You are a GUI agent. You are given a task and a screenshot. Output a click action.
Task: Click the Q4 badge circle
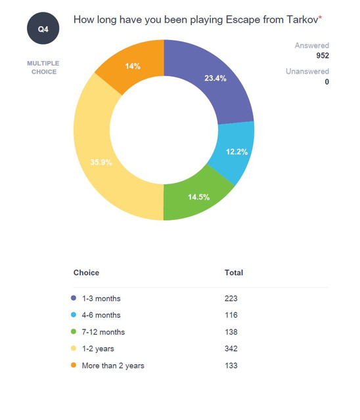(43, 28)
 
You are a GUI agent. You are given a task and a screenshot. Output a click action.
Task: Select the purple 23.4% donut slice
(214, 77)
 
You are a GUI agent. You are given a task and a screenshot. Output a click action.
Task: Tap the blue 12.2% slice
(236, 152)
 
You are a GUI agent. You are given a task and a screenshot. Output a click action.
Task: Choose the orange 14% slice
(133, 66)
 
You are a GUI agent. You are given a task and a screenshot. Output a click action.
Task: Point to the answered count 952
(323, 55)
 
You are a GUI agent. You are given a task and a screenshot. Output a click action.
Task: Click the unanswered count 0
(326, 81)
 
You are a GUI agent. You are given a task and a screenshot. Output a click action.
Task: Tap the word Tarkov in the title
(302, 20)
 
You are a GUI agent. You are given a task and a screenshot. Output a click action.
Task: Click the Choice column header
(86, 273)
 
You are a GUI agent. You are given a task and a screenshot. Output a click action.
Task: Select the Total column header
(234, 273)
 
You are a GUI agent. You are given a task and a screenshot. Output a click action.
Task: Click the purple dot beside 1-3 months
(74, 298)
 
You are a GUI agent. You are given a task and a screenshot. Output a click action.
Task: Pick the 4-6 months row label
(101, 315)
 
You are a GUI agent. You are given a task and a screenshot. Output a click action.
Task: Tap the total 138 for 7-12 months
(231, 332)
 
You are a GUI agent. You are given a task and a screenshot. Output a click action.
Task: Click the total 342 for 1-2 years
(231, 348)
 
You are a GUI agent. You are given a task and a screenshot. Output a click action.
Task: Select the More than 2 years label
(113, 366)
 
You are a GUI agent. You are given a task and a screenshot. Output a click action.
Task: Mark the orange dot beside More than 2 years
(74, 365)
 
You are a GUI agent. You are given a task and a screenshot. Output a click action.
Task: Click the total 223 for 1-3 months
(231, 299)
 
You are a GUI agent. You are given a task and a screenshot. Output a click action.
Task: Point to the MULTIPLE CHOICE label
(43, 68)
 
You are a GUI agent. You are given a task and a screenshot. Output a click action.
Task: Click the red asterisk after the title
(320, 17)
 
